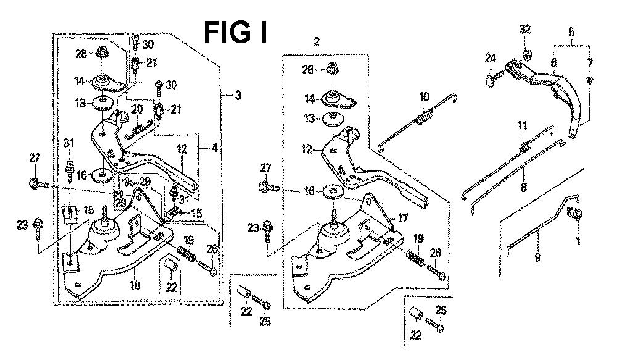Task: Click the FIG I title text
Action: [x=236, y=31]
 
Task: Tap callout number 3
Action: [x=238, y=96]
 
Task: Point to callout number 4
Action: [x=214, y=148]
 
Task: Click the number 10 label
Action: [x=424, y=97]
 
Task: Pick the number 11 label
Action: [x=522, y=127]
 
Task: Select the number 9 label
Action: [x=538, y=257]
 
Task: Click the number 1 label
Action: [x=578, y=241]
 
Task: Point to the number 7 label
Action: [x=590, y=63]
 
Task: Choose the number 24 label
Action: [x=491, y=58]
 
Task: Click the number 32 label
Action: [x=524, y=30]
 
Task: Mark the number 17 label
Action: [x=402, y=217]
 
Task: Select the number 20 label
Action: [x=136, y=109]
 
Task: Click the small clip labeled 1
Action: [x=579, y=214]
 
